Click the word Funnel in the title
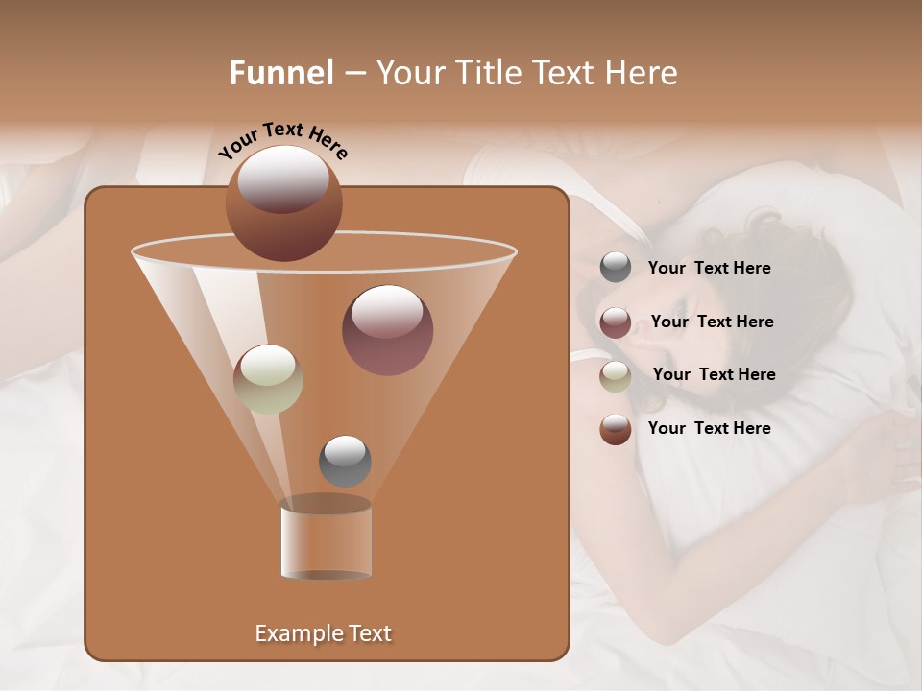(280, 73)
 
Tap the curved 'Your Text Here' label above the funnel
(283, 140)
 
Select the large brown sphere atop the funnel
(284, 203)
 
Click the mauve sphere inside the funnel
(387, 330)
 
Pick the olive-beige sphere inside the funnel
(268, 379)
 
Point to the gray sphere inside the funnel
(345, 462)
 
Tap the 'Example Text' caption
(323, 633)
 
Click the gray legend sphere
(616, 268)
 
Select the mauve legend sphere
(616, 322)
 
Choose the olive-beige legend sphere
(616, 375)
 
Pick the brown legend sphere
(616, 429)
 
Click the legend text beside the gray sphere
(709, 269)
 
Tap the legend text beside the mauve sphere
(712, 322)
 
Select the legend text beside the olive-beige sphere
(714, 374)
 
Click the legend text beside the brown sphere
(709, 428)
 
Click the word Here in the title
(643, 73)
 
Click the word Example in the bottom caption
(292, 633)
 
